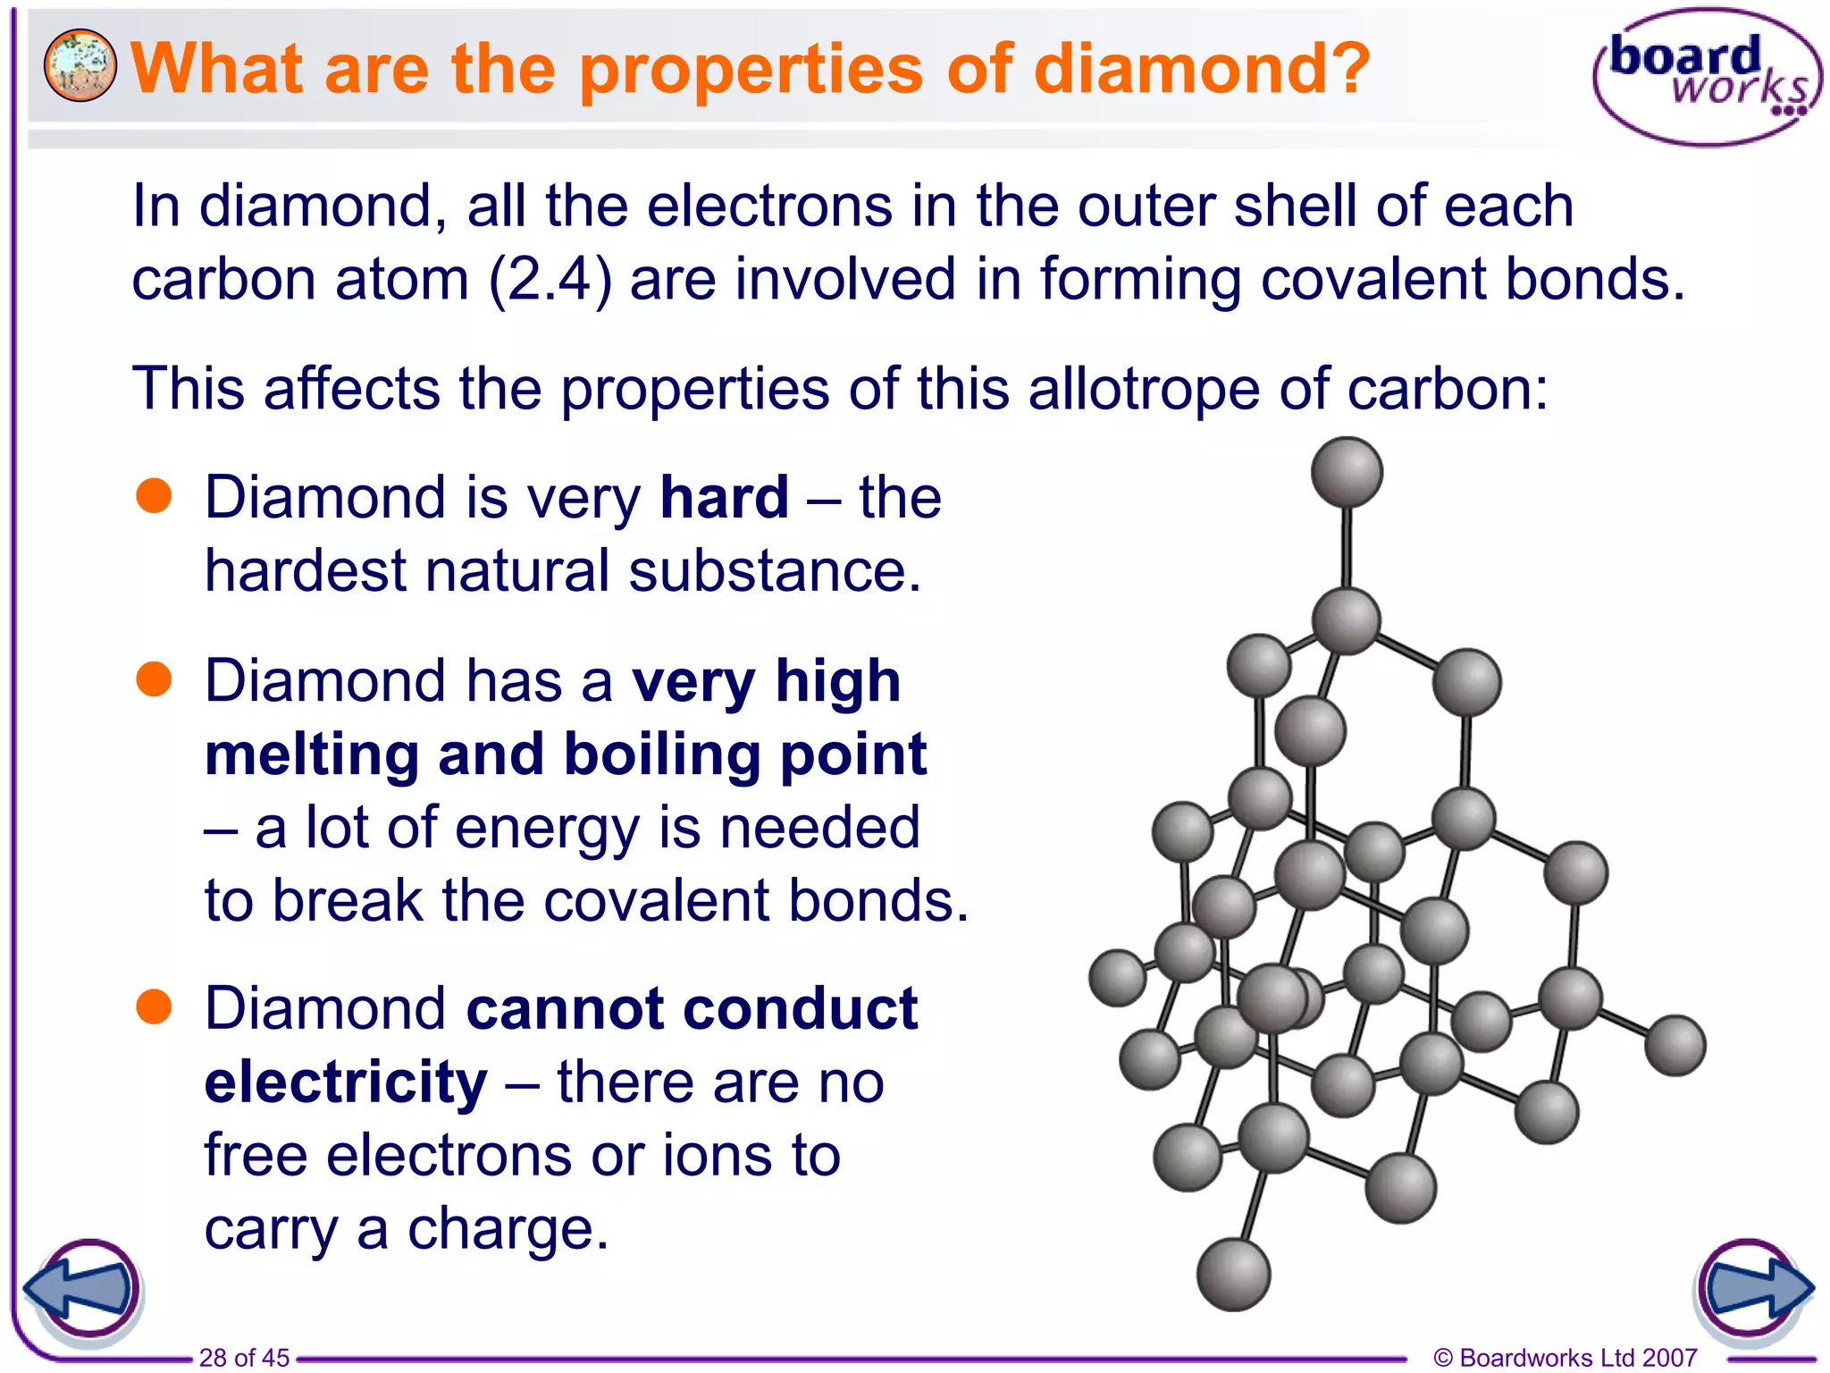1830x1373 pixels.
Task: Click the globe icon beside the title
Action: tap(80, 65)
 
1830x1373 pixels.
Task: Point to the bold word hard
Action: tap(724, 497)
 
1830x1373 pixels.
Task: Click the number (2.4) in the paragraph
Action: tap(550, 279)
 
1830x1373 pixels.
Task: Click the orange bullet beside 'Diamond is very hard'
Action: tap(154, 496)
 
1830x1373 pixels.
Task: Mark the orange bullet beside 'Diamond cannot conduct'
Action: tap(154, 1007)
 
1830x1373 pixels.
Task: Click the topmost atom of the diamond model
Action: tap(1347, 471)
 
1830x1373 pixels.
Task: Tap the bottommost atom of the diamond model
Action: tap(1233, 1274)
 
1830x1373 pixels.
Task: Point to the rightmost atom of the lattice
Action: tap(1675, 1044)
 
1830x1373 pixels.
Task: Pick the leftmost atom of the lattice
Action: tap(1117, 978)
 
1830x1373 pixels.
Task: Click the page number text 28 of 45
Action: tap(244, 1358)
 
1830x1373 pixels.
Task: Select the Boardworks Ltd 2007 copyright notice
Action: tap(1565, 1358)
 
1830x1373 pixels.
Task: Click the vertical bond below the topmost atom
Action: tap(1347, 547)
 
